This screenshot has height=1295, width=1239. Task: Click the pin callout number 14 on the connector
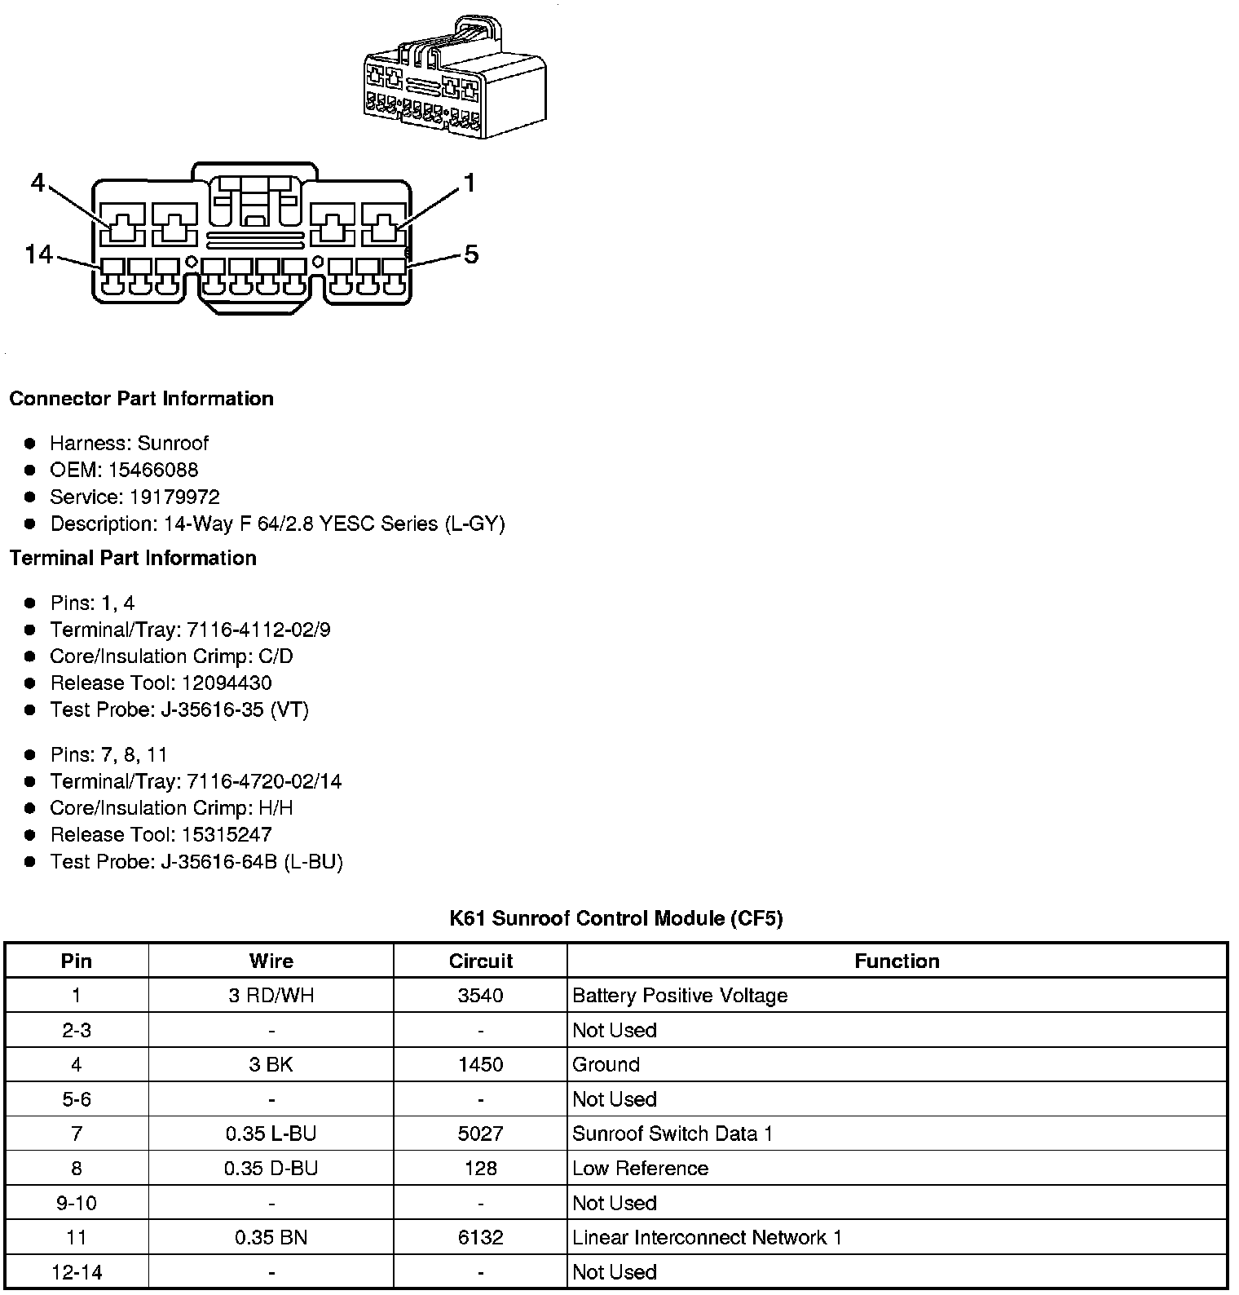(x=38, y=254)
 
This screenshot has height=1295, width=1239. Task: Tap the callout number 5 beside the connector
(x=471, y=254)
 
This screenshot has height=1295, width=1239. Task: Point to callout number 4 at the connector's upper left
(x=37, y=183)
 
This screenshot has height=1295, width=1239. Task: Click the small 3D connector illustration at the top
(x=454, y=78)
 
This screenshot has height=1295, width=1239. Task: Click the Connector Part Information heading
(x=141, y=399)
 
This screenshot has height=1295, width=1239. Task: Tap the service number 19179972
(x=174, y=497)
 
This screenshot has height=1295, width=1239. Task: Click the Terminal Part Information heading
(x=133, y=558)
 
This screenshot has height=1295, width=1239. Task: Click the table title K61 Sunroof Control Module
(x=616, y=918)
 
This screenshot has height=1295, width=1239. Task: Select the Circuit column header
(x=480, y=961)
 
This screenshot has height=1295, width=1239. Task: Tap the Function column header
(x=897, y=961)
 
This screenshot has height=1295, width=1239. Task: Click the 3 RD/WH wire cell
(x=271, y=995)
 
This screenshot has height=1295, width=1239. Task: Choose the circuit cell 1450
(x=480, y=1064)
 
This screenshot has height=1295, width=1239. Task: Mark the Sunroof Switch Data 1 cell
(x=672, y=1134)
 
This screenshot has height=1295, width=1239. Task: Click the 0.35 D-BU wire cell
(x=271, y=1168)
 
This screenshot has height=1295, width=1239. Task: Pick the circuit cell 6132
(x=480, y=1237)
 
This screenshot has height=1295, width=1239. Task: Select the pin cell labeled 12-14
(x=77, y=1271)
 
